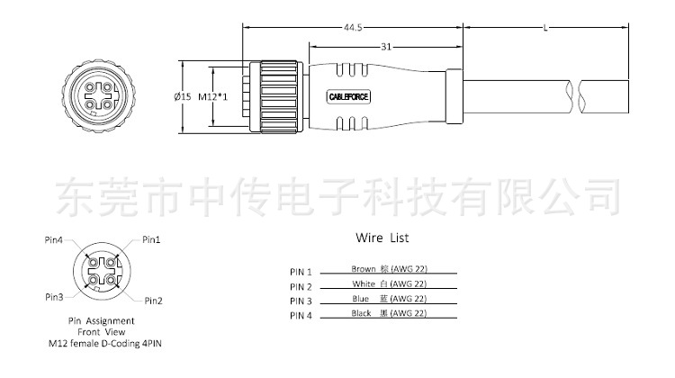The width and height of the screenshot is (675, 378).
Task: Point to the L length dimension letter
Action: (547, 28)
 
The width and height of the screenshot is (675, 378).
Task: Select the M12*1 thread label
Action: (212, 96)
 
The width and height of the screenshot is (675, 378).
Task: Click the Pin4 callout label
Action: (53, 240)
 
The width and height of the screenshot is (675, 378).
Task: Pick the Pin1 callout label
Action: (151, 240)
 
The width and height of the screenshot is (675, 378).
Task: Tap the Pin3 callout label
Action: (54, 296)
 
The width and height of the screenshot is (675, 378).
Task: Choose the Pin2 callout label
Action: (153, 300)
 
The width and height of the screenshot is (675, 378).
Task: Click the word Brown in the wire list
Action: (364, 269)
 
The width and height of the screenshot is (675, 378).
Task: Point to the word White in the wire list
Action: (364, 283)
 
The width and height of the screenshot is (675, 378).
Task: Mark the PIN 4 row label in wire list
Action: (301, 315)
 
